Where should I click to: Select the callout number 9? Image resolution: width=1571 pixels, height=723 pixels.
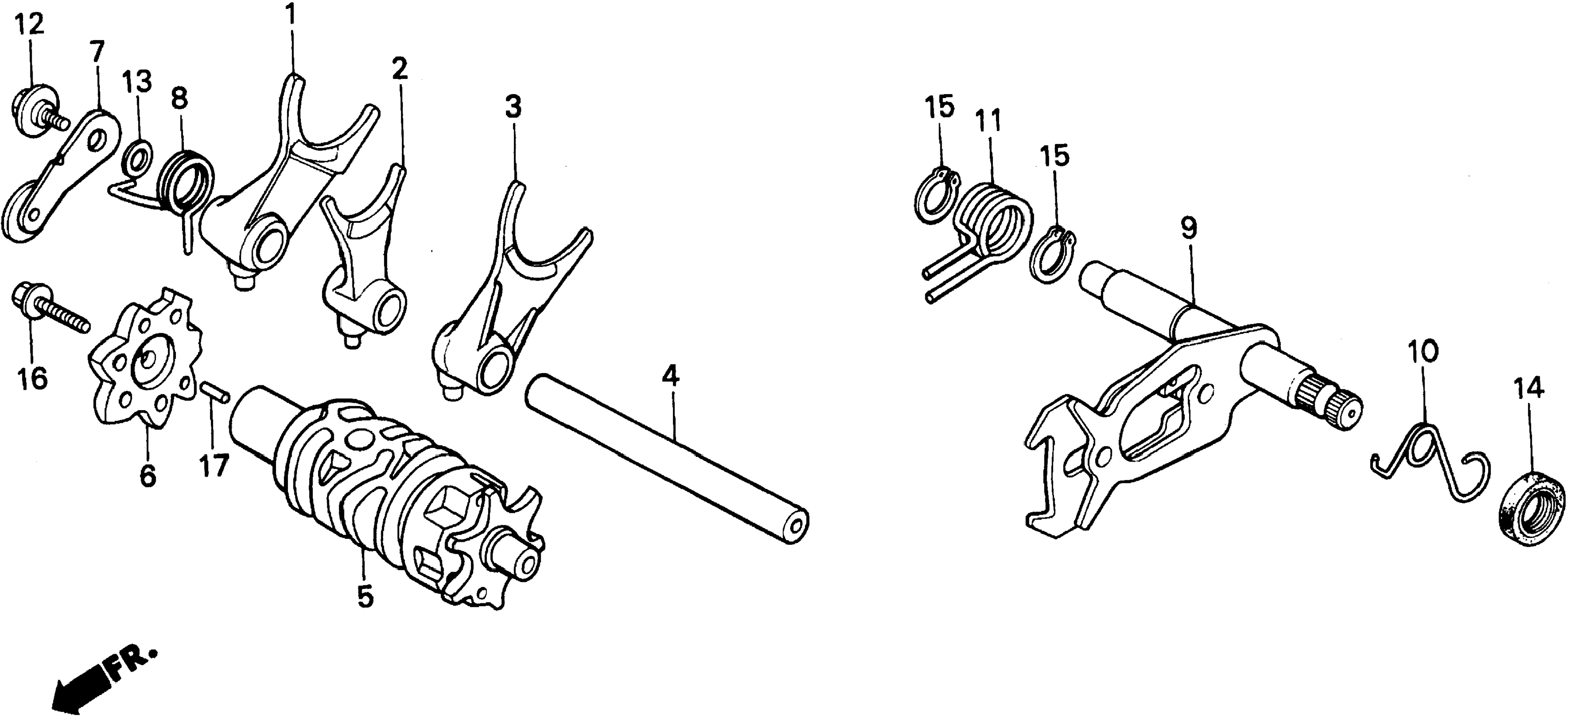coord(1188,229)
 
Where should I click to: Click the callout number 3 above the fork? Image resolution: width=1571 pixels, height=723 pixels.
coord(513,108)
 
